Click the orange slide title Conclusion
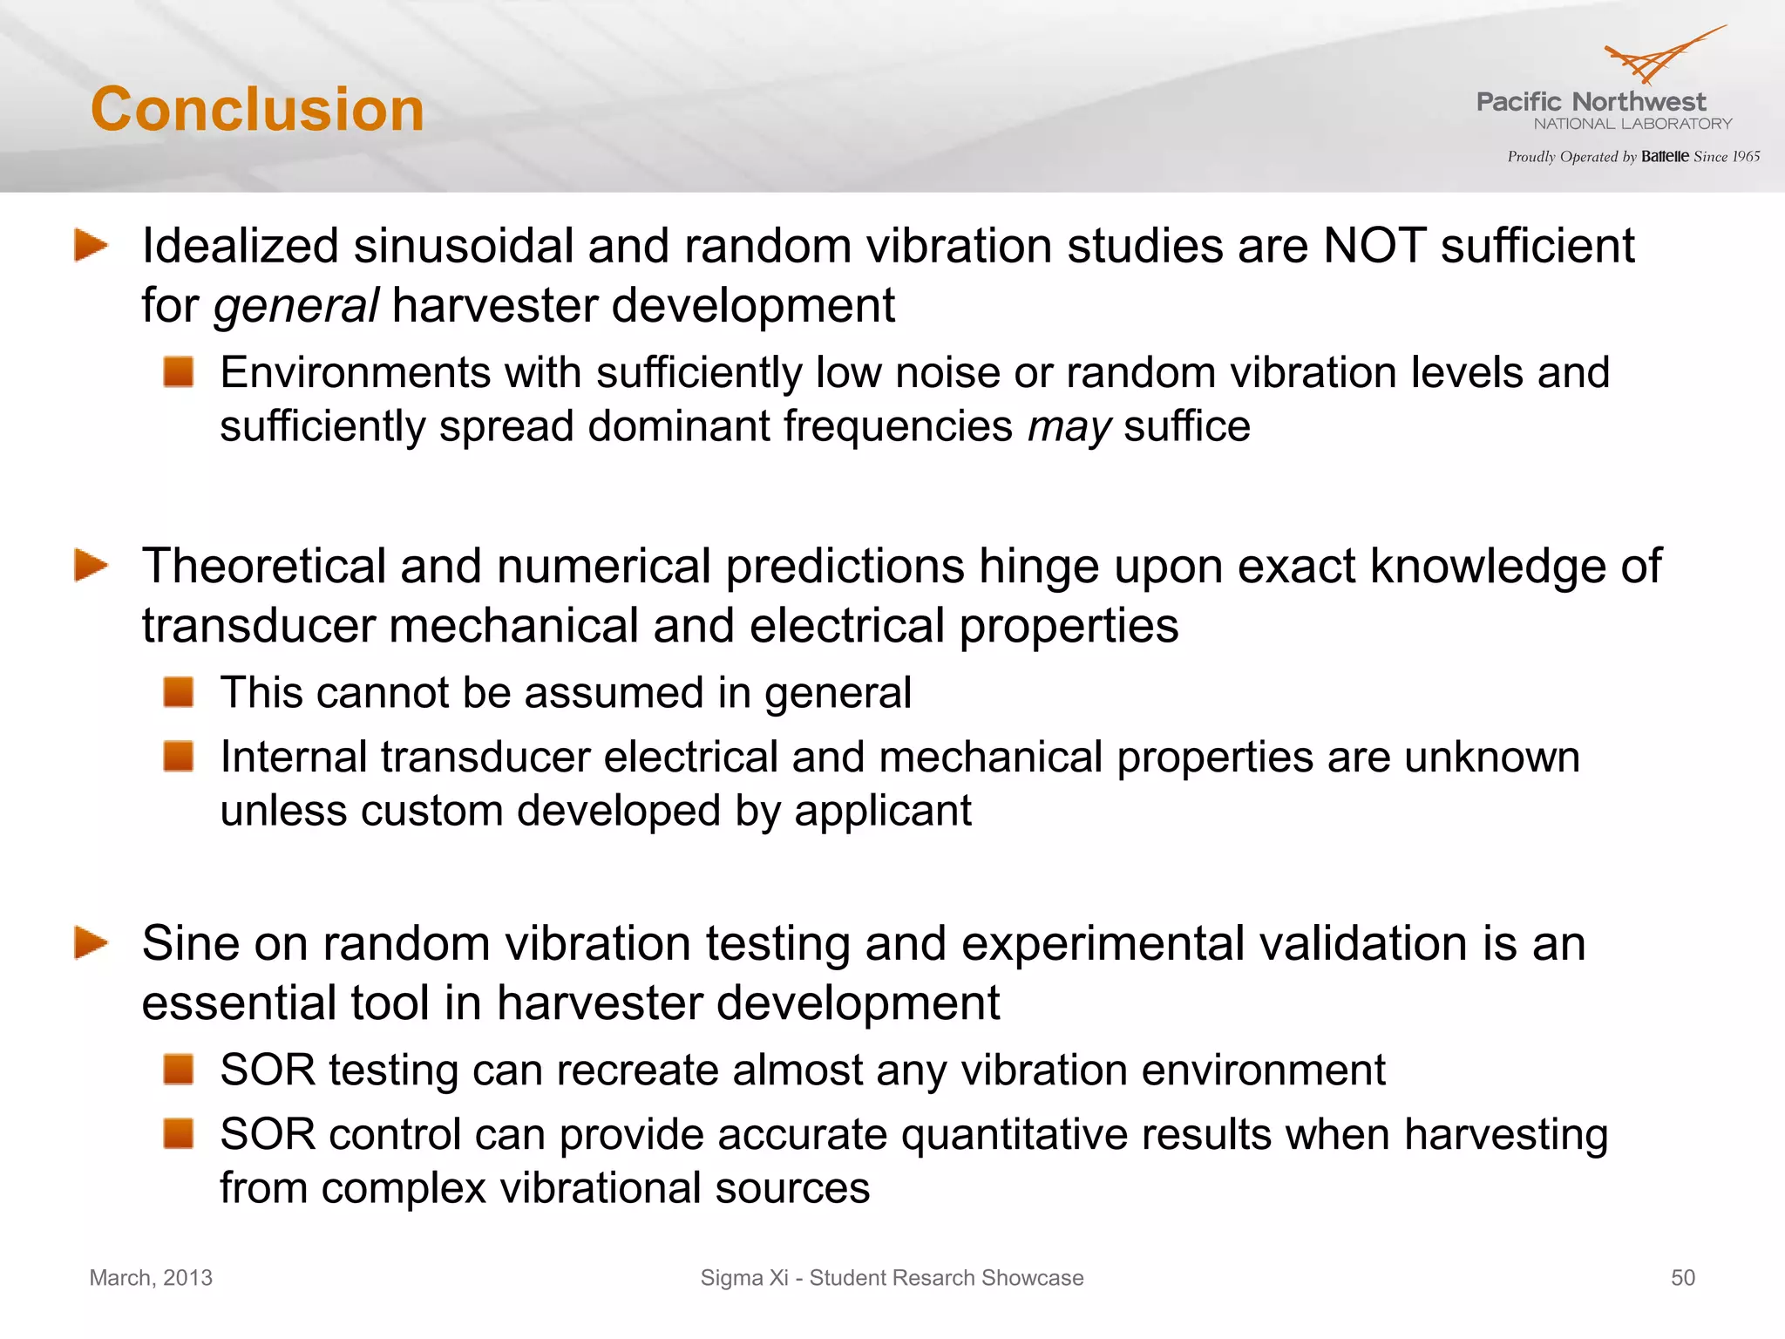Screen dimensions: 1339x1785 (x=257, y=110)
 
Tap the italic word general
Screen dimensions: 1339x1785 (x=295, y=306)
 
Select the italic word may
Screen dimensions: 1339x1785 (x=1069, y=427)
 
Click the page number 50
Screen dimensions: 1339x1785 (x=1682, y=1278)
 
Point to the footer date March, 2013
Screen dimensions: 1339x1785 (x=151, y=1278)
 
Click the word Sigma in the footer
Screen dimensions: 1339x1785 (x=731, y=1278)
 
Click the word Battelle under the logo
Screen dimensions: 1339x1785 (x=1665, y=157)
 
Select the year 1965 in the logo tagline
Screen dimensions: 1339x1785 (x=1746, y=157)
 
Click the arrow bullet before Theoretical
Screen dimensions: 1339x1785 (x=91, y=565)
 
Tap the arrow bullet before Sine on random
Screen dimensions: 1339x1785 (x=91, y=942)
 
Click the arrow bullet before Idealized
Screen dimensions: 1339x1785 (x=91, y=245)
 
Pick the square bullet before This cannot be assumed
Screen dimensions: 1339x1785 (x=179, y=692)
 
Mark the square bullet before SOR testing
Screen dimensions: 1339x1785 (x=179, y=1069)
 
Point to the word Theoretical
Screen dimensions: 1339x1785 (x=264, y=567)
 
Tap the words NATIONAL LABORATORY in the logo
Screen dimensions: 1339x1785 (x=1632, y=124)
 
